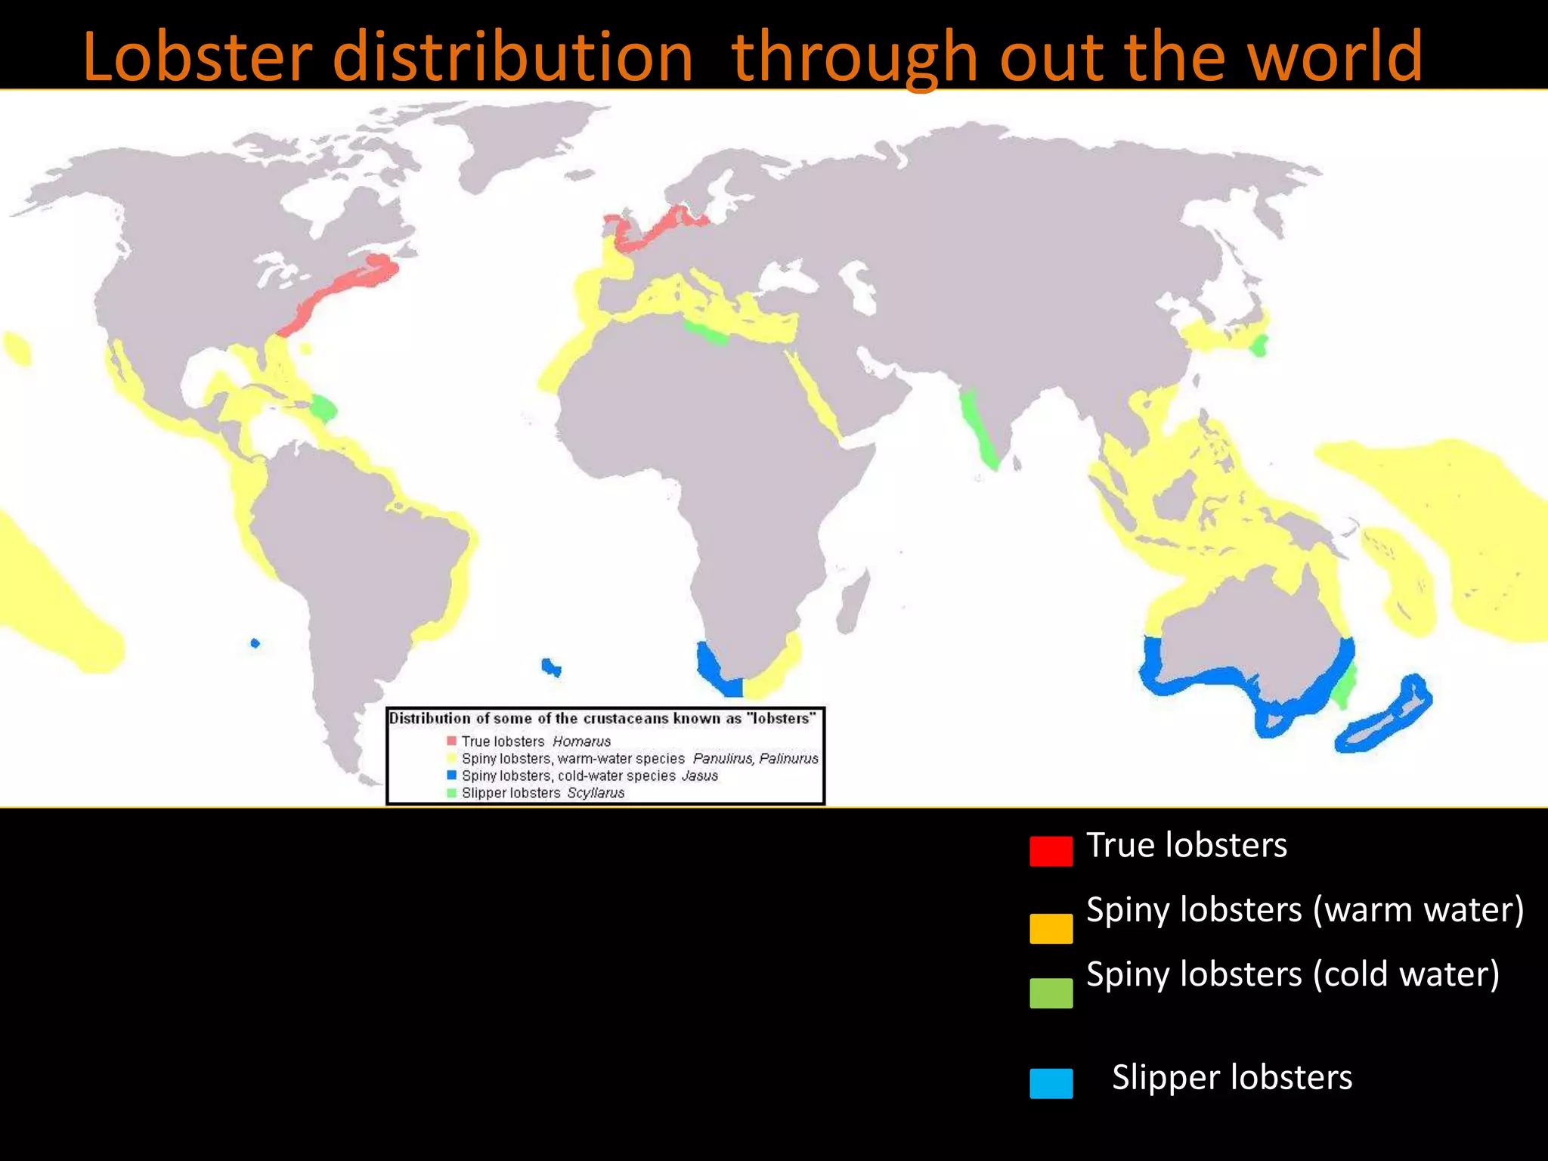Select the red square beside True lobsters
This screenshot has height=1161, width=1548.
coord(1051,850)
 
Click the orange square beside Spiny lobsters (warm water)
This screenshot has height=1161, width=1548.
coord(1051,928)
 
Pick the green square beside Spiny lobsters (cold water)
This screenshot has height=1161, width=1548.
coord(1051,992)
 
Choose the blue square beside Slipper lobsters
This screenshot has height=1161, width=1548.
coord(1051,1082)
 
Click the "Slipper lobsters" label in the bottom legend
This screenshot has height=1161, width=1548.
coord(1231,1077)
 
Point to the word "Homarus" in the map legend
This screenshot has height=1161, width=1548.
coord(581,741)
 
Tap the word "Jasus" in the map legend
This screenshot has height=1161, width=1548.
coord(699,776)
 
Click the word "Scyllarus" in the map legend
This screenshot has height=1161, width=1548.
coord(596,793)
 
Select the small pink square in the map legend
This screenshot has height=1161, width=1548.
coord(452,741)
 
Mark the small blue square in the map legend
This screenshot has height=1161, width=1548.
coord(452,776)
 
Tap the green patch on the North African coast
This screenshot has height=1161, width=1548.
coord(706,332)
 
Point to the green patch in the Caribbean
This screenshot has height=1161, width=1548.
coord(324,409)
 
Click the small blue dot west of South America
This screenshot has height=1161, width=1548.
coord(255,643)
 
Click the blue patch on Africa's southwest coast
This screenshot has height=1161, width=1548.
coord(714,668)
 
